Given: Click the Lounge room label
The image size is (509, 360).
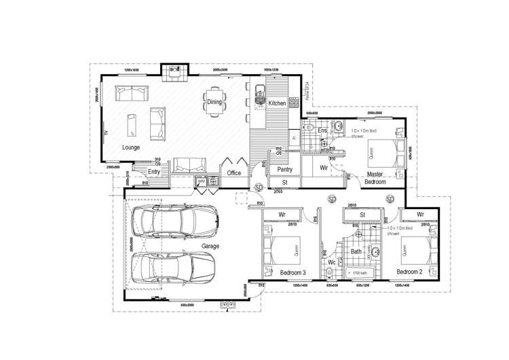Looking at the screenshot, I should click(131, 147).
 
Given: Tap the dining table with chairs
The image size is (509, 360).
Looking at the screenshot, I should click(214, 103).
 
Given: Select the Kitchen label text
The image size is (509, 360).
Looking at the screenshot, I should click(277, 103).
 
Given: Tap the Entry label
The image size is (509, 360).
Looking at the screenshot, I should click(154, 172).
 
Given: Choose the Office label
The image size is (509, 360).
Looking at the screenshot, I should click(234, 173).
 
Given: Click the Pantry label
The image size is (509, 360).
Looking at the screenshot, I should click(284, 170).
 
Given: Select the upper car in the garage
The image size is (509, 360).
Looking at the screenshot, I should click(174, 219).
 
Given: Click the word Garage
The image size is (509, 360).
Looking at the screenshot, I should click(210, 246).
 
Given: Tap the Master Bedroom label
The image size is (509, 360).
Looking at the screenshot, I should click(375, 178).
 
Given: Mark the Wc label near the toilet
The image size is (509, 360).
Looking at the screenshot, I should click(333, 262).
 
